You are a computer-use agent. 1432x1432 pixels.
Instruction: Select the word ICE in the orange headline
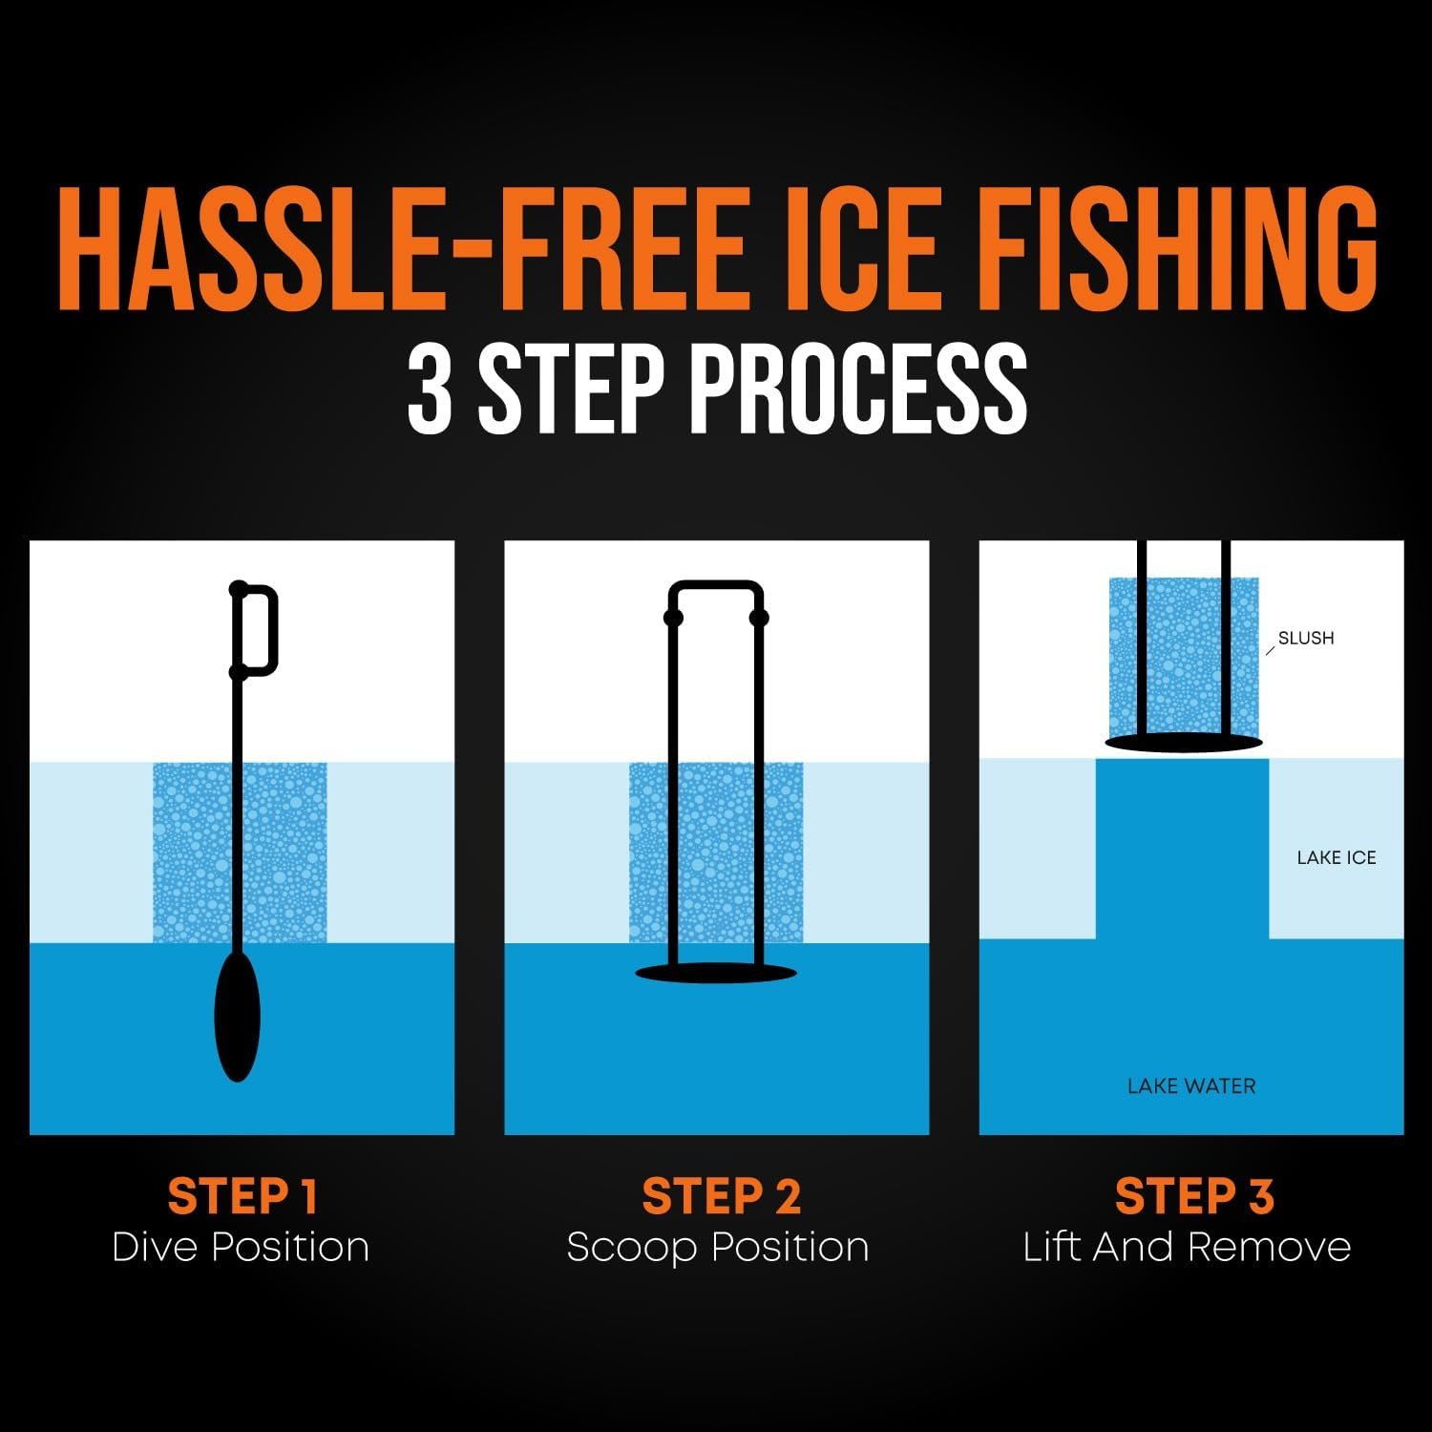(864, 248)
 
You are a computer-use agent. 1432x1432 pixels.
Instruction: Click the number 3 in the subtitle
(429, 389)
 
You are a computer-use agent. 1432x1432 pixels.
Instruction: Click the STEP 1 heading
(242, 1196)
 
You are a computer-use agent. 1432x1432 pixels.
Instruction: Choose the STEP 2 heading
(721, 1196)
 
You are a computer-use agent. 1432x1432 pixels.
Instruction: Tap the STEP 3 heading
(1194, 1196)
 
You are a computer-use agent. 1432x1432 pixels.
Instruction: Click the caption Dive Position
(241, 1247)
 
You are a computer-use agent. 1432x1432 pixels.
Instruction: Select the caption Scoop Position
(718, 1248)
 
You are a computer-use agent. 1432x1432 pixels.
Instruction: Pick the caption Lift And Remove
(1187, 1247)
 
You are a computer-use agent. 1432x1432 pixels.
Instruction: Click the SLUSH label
(1306, 638)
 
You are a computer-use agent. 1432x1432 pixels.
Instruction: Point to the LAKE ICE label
(1337, 857)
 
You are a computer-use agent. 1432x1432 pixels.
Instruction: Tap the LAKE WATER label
(1191, 1085)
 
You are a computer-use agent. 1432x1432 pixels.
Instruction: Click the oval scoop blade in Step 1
(238, 1016)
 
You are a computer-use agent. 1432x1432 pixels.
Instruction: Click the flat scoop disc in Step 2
(716, 973)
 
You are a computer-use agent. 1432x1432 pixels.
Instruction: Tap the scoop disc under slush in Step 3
(1184, 742)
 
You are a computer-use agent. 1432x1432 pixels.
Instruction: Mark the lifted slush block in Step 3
(1184, 659)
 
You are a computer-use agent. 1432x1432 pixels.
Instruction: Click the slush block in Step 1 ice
(191, 853)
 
